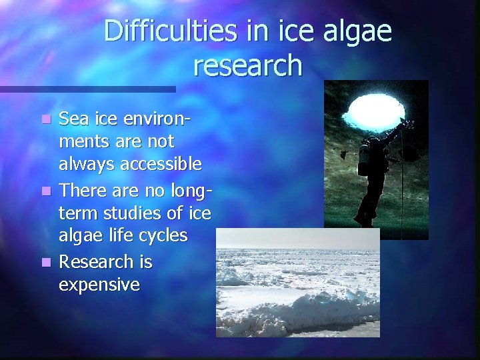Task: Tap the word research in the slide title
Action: [x=248, y=65]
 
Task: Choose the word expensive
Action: [x=99, y=285]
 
